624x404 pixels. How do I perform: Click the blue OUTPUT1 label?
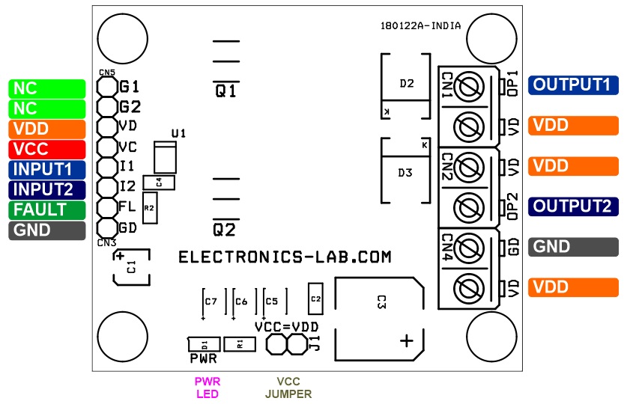coord(573,85)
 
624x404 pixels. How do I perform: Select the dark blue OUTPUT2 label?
coord(573,206)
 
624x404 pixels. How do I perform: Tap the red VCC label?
coord(47,149)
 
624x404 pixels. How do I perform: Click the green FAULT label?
coord(47,210)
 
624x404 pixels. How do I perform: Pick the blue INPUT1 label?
coord(47,169)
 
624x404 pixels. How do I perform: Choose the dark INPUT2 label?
coord(47,190)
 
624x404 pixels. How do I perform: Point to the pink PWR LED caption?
coord(207,388)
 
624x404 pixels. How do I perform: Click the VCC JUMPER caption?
coord(288,388)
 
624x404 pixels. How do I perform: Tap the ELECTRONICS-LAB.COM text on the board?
coord(285,257)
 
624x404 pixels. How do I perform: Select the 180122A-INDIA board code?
coord(421,26)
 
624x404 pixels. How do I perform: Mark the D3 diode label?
coord(405,173)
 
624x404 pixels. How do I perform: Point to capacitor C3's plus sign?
coord(406,340)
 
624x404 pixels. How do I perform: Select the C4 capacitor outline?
coord(159,183)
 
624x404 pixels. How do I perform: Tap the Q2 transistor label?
coord(225,230)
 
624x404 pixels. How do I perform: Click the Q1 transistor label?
coord(225,91)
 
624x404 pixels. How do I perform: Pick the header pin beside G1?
coord(107,86)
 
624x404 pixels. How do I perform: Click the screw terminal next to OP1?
coord(468,87)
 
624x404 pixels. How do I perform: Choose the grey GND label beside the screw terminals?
coord(573,247)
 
